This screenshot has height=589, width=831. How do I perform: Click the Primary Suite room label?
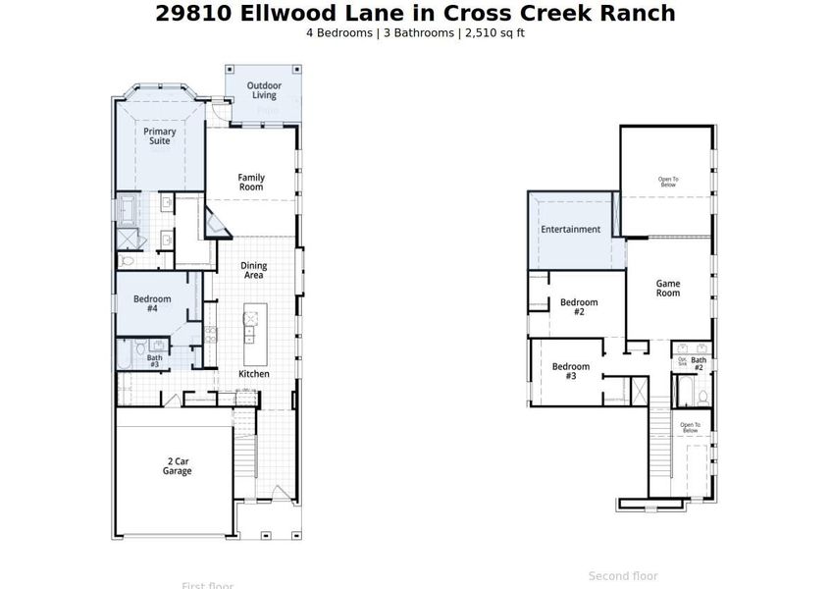159,135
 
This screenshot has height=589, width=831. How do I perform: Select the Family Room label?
251,183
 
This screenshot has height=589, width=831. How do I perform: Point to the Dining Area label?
253,270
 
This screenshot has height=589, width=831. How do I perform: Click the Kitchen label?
254,374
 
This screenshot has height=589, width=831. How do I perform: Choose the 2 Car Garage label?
178,466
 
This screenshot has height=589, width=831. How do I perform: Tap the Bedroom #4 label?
152,303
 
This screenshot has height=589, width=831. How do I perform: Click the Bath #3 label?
155,361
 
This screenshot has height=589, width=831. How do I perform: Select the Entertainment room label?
570,230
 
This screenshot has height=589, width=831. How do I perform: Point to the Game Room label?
667,289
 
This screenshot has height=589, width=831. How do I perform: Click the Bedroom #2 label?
579,307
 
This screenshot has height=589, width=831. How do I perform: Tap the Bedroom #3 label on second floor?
571,371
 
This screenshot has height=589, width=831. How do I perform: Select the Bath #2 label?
699,364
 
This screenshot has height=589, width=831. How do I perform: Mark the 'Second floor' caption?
623,576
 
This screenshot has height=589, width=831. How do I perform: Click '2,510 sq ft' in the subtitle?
493,32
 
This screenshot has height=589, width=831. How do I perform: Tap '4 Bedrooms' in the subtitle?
339,32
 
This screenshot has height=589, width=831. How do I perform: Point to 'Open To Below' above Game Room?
667,182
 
